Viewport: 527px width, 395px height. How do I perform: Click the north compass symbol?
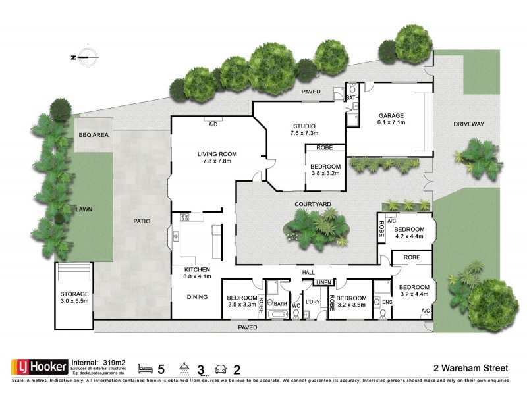pyautogui.click(x=88, y=57)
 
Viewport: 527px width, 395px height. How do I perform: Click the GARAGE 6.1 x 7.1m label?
pyautogui.click(x=391, y=118)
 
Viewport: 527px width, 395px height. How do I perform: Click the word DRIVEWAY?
pyautogui.click(x=468, y=124)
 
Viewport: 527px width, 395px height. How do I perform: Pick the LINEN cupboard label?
pyautogui.click(x=323, y=283)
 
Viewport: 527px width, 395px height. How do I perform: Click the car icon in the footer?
pyautogui.click(x=221, y=366)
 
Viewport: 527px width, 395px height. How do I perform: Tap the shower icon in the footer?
pyautogui.click(x=186, y=366)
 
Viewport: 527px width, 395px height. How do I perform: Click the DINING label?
pyautogui.click(x=197, y=297)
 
